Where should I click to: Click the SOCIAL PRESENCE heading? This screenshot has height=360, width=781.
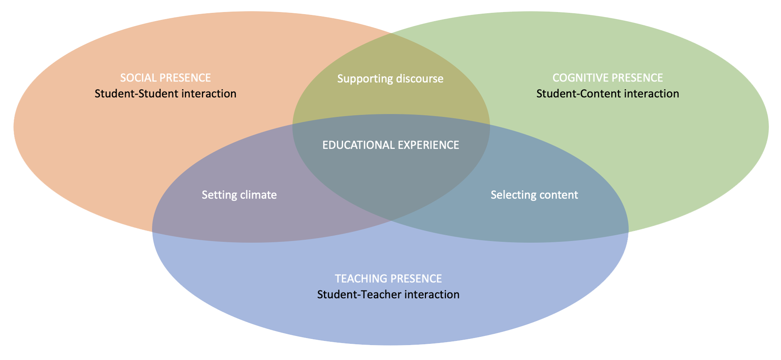click(x=166, y=78)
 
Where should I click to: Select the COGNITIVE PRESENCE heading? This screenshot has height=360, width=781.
click(x=608, y=78)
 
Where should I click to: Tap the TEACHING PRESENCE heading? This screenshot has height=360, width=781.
click(x=388, y=279)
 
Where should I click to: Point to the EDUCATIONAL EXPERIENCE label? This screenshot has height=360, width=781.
click(x=390, y=145)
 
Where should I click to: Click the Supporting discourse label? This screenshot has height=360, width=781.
click(x=390, y=79)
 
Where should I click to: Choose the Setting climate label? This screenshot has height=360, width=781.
click(x=239, y=195)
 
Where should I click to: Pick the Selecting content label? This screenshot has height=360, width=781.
click(x=534, y=195)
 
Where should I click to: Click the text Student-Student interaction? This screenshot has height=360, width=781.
click(x=166, y=94)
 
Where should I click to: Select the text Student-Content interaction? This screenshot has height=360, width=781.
click(x=608, y=94)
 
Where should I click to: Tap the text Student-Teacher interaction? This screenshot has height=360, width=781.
click(x=388, y=294)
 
